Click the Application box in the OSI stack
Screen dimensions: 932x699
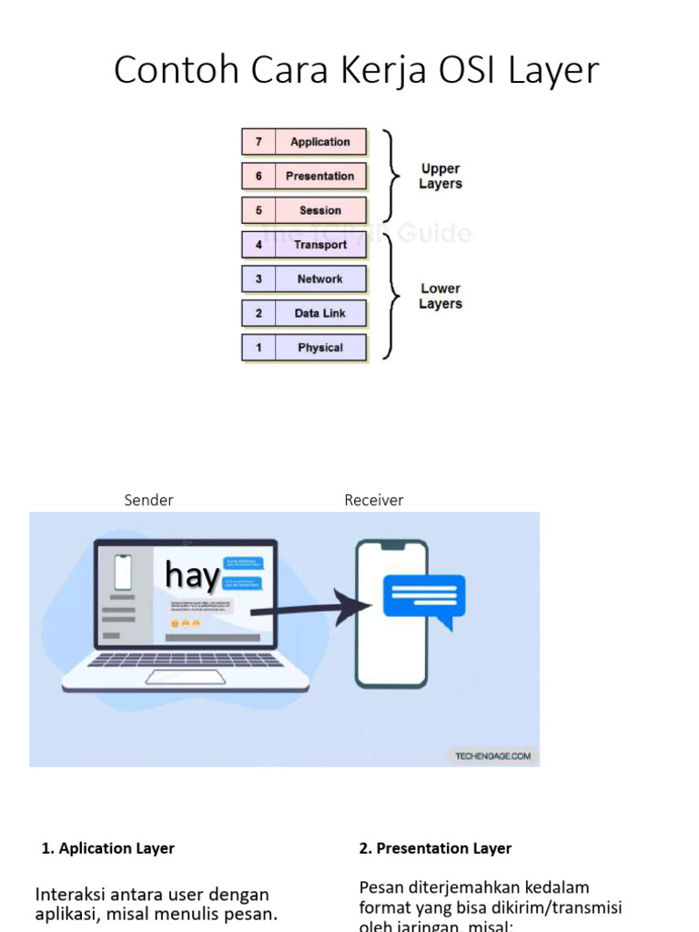pyautogui.click(x=319, y=142)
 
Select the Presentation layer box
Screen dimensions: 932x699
pyautogui.click(x=319, y=176)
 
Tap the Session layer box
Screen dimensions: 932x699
pyautogui.click(x=319, y=210)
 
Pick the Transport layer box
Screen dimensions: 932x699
pyautogui.click(x=319, y=245)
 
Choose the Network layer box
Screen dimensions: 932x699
pyautogui.click(x=319, y=279)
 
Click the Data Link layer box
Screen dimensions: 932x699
pyautogui.click(x=319, y=313)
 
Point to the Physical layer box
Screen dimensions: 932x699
pyautogui.click(x=319, y=348)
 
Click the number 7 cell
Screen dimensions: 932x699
pyautogui.click(x=258, y=142)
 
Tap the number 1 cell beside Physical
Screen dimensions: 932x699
pyautogui.click(x=258, y=348)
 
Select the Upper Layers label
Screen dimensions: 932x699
pyautogui.click(x=441, y=176)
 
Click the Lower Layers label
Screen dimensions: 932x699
pyautogui.click(x=441, y=296)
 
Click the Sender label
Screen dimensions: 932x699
pyautogui.click(x=148, y=500)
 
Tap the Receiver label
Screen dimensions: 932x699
pyautogui.click(x=373, y=500)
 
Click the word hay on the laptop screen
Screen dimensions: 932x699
pyautogui.click(x=192, y=575)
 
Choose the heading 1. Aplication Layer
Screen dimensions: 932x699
pyautogui.click(x=108, y=848)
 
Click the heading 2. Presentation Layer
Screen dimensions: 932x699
pyautogui.click(x=435, y=848)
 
